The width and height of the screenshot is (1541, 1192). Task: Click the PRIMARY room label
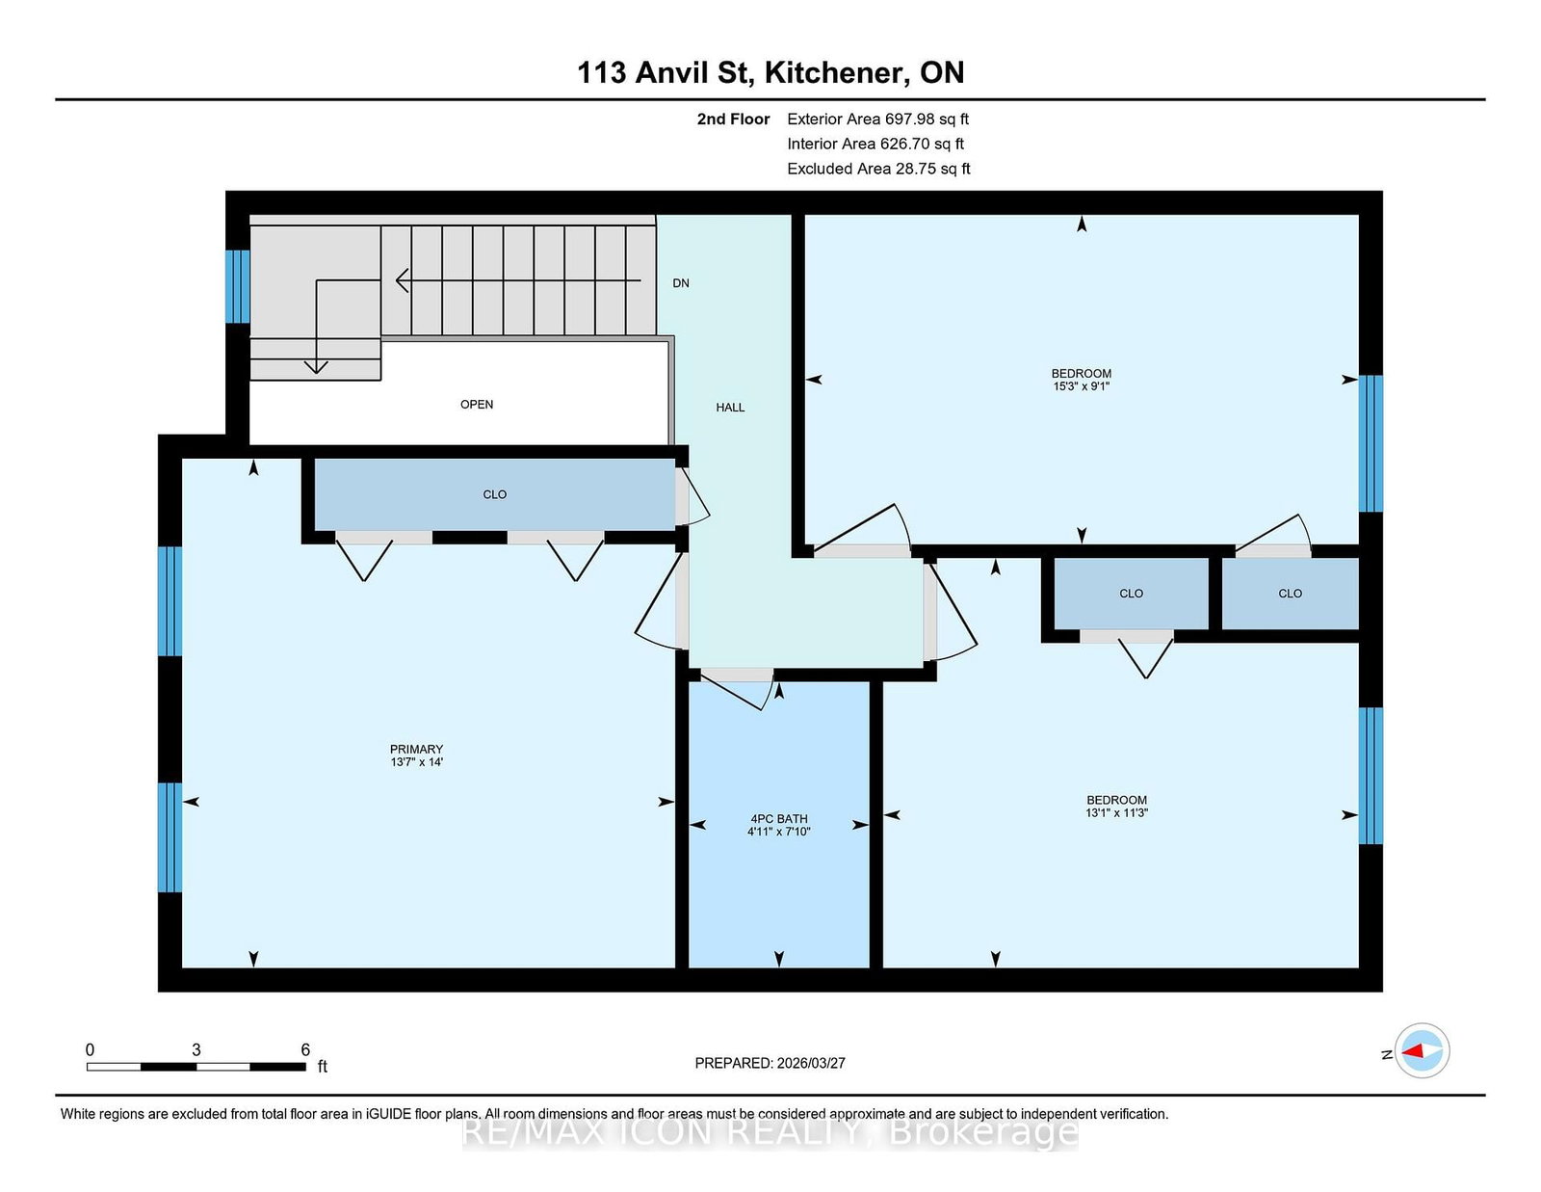[416, 749]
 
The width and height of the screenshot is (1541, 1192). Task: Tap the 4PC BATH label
[778, 818]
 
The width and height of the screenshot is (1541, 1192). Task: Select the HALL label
[730, 408]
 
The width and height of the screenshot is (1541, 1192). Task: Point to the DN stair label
[681, 283]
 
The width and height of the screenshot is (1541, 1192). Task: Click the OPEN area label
[477, 405]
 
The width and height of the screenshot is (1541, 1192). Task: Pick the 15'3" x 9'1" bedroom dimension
[1081, 386]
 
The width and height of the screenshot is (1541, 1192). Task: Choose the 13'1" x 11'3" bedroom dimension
[1116, 812]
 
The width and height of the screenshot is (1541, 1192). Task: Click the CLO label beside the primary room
[494, 494]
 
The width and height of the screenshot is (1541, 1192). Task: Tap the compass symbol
[1422, 1050]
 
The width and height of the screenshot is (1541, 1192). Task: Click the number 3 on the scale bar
[196, 1049]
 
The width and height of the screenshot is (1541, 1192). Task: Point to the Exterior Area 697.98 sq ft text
[878, 119]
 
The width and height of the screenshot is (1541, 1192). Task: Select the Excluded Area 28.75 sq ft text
[878, 169]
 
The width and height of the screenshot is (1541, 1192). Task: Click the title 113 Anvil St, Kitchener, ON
[770, 72]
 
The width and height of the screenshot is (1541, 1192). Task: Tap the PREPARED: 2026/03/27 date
[770, 1063]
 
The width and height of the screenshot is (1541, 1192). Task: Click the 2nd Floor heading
[733, 119]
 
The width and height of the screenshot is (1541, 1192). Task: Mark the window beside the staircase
[238, 286]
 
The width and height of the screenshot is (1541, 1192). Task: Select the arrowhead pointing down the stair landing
[316, 367]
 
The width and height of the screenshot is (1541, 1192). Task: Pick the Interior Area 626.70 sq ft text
[875, 144]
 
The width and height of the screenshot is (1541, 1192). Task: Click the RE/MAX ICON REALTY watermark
[770, 1132]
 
